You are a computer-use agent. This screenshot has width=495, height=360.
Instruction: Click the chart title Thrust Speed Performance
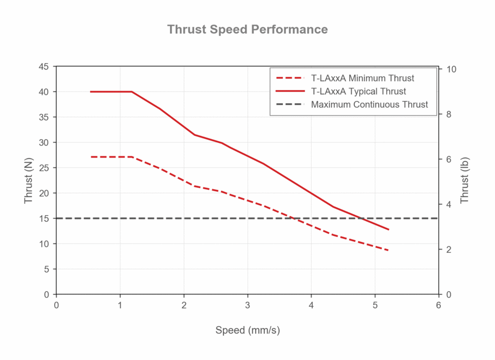pos(247,29)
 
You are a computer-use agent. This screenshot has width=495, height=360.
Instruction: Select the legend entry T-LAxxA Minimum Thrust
pos(362,78)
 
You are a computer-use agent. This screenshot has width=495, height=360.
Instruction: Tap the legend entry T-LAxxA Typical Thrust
pos(358,91)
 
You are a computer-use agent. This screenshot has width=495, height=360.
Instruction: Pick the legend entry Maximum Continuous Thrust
pos(369,104)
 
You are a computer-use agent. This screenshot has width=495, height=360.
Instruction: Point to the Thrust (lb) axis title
pos(465,180)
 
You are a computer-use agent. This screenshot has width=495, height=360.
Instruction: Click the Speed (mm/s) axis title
pos(247,330)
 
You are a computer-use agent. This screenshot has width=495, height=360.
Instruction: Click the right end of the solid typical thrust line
pos(389,229)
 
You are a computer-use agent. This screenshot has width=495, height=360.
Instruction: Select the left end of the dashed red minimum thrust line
pos(91,157)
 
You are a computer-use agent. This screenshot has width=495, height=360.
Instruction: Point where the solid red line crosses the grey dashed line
pos(362,218)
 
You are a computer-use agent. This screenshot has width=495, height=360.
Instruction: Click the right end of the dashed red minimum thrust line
pos(389,251)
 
